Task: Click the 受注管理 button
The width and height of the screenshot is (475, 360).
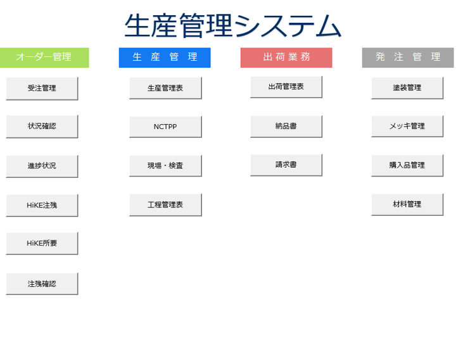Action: tap(42, 89)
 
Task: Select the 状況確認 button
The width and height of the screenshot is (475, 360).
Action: tap(42, 127)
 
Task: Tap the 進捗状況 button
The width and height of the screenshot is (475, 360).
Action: tap(42, 166)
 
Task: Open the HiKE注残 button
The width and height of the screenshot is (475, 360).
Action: tap(42, 206)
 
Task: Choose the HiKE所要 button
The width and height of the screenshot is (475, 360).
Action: tap(42, 243)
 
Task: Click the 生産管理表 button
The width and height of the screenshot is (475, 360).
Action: tap(165, 88)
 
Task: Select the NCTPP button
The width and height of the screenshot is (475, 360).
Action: tap(165, 127)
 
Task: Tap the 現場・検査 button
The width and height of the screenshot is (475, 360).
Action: tap(165, 166)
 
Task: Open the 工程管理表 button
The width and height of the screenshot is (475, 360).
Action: tap(165, 205)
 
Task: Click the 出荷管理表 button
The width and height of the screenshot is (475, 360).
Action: tap(286, 87)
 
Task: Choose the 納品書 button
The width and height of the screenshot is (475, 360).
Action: tap(286, 127)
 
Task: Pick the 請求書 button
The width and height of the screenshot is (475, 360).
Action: tap(286, 165)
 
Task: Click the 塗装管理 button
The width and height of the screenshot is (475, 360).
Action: tap(407, 88)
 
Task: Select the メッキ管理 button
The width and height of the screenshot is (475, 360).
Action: tap(407, 126)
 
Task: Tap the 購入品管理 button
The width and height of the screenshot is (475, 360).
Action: tap(407, 166)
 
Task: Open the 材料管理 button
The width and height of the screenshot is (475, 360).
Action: tap(407, 204)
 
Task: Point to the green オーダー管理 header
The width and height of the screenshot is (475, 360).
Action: tap(44, 58)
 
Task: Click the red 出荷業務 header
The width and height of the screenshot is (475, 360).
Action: tap(286, 58)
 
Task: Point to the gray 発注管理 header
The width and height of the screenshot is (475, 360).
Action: tap(408, 58)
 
